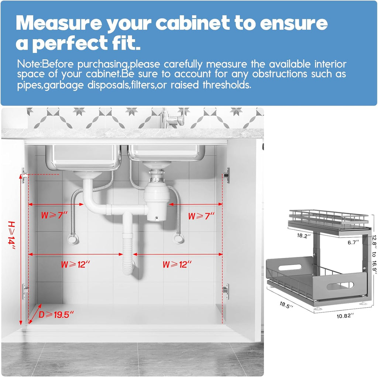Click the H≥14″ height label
pos(12,235)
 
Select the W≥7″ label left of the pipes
pos(54,216)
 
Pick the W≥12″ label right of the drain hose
pos(177,265)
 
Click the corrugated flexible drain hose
pos(128,252)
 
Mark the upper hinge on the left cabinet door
pos(25,175)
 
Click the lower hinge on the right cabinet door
pos(226,291)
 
